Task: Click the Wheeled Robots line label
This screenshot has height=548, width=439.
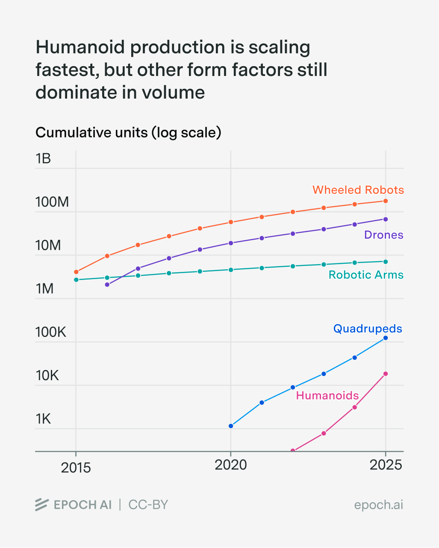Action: point(358,190)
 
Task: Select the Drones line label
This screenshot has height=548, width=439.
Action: point(383,235)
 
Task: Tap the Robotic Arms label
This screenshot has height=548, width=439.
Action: point(366,274)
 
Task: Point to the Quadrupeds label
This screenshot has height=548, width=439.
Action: point(368,329)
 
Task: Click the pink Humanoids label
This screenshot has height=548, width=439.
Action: point(327,396)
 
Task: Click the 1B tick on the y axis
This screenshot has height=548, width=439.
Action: point(43,159)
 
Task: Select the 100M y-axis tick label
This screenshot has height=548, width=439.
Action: point(52,202)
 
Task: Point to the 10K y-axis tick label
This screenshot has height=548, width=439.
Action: point(47,376)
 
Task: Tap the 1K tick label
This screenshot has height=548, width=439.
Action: point(44,419)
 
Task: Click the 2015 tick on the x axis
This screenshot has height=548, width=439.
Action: point(76,468)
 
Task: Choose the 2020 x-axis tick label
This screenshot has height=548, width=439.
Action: point(231,465)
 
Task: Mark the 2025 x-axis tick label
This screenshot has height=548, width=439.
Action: point(386,465)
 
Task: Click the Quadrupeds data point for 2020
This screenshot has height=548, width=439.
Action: point(231,426)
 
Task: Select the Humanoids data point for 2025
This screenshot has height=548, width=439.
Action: point(386,374)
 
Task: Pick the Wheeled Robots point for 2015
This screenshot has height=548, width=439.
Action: point(76,272)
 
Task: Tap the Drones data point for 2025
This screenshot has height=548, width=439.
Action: point(386,219)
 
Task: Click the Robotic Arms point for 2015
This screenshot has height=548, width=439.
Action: point(76,280)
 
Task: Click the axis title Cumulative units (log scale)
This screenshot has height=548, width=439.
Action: point(128,133)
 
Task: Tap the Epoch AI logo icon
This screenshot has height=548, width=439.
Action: point(41,504)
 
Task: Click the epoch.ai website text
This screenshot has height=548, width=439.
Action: point(378,505)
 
